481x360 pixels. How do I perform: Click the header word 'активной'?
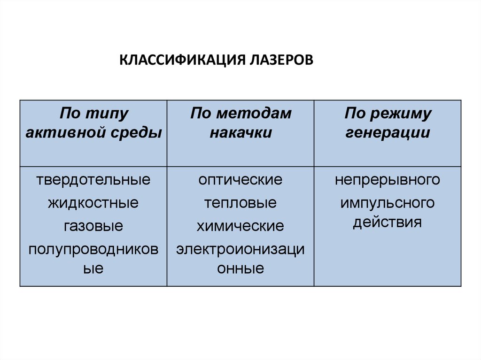(66, 133)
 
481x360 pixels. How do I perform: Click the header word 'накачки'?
(240, 133)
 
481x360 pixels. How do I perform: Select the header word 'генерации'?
(388, 133)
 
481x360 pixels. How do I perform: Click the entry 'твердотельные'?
(93, 180)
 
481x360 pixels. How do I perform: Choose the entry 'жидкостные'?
(93, 203)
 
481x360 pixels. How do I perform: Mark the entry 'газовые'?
(93, 227)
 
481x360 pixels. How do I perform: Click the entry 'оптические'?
(240, 180)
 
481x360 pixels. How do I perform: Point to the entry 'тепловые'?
(240, 203)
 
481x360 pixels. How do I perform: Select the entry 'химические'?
(240, 227)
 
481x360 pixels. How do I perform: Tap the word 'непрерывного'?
(388, 180)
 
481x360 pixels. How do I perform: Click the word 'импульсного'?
(388, 203)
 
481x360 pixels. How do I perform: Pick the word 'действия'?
(388, 222)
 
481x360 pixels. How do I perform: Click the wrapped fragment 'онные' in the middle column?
(240, 269)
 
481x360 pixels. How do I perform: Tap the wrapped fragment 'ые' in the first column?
(93, 269)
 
